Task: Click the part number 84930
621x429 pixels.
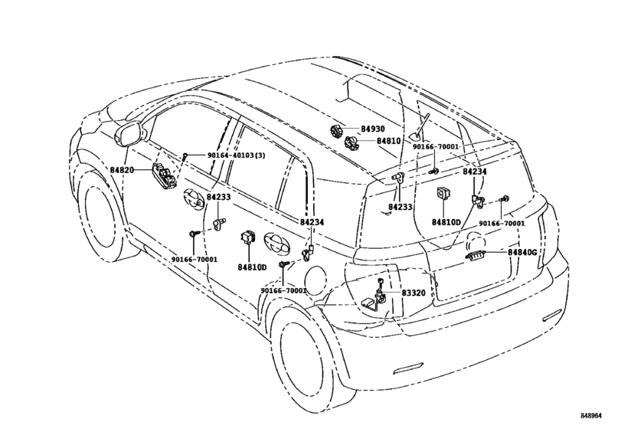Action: click(x=372, y=129)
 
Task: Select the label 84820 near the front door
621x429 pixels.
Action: click(x=122, y=170)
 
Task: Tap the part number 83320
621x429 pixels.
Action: click(x=413, y=293)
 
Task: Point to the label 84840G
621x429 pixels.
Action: click(x=523, y=252)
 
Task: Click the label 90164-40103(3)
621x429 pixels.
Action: click(x=237, y=156)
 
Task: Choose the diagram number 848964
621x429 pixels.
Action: click(x=591, y=415)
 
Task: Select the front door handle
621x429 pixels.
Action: click(x=194, y=198)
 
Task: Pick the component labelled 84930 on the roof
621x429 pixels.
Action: click(x=337, y=130)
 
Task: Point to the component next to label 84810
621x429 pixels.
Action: click(x=351, y=142)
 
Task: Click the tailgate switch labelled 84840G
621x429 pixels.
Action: click(x=475, y=256)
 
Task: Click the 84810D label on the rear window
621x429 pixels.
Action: click(x=446, y=221)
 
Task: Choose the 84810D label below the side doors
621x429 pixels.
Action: click(x=252, y=267)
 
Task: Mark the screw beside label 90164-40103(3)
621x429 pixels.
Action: click(x=185, y=156)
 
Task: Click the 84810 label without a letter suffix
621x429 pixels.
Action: click(x=388, y=141)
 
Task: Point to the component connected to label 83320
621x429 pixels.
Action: click(x=376, y=296)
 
